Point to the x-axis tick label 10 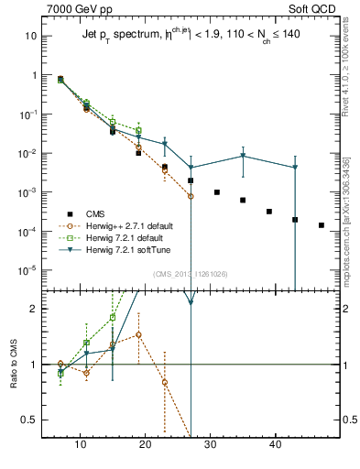(81, 444)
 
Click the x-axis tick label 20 (145, 444)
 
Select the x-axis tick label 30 (210, 444)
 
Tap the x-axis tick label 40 (275, 444)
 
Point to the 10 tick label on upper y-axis (30, 36)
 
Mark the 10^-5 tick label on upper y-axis (27, 271)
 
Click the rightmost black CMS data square (321, 225)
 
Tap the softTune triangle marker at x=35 (243, 156)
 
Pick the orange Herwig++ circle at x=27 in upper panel (191, 196)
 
